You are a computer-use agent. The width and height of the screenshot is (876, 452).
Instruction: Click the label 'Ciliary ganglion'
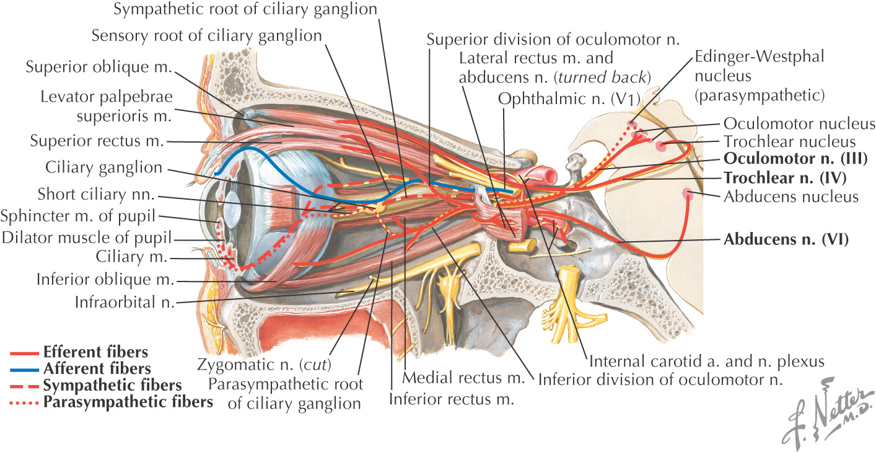click(103, 168)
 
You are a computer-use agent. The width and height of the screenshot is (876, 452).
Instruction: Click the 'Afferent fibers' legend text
click(97, 369)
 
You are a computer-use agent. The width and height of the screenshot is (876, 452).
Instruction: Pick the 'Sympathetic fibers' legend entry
click(112, 385)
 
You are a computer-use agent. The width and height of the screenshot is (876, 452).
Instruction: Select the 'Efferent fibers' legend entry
click(95, 353)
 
